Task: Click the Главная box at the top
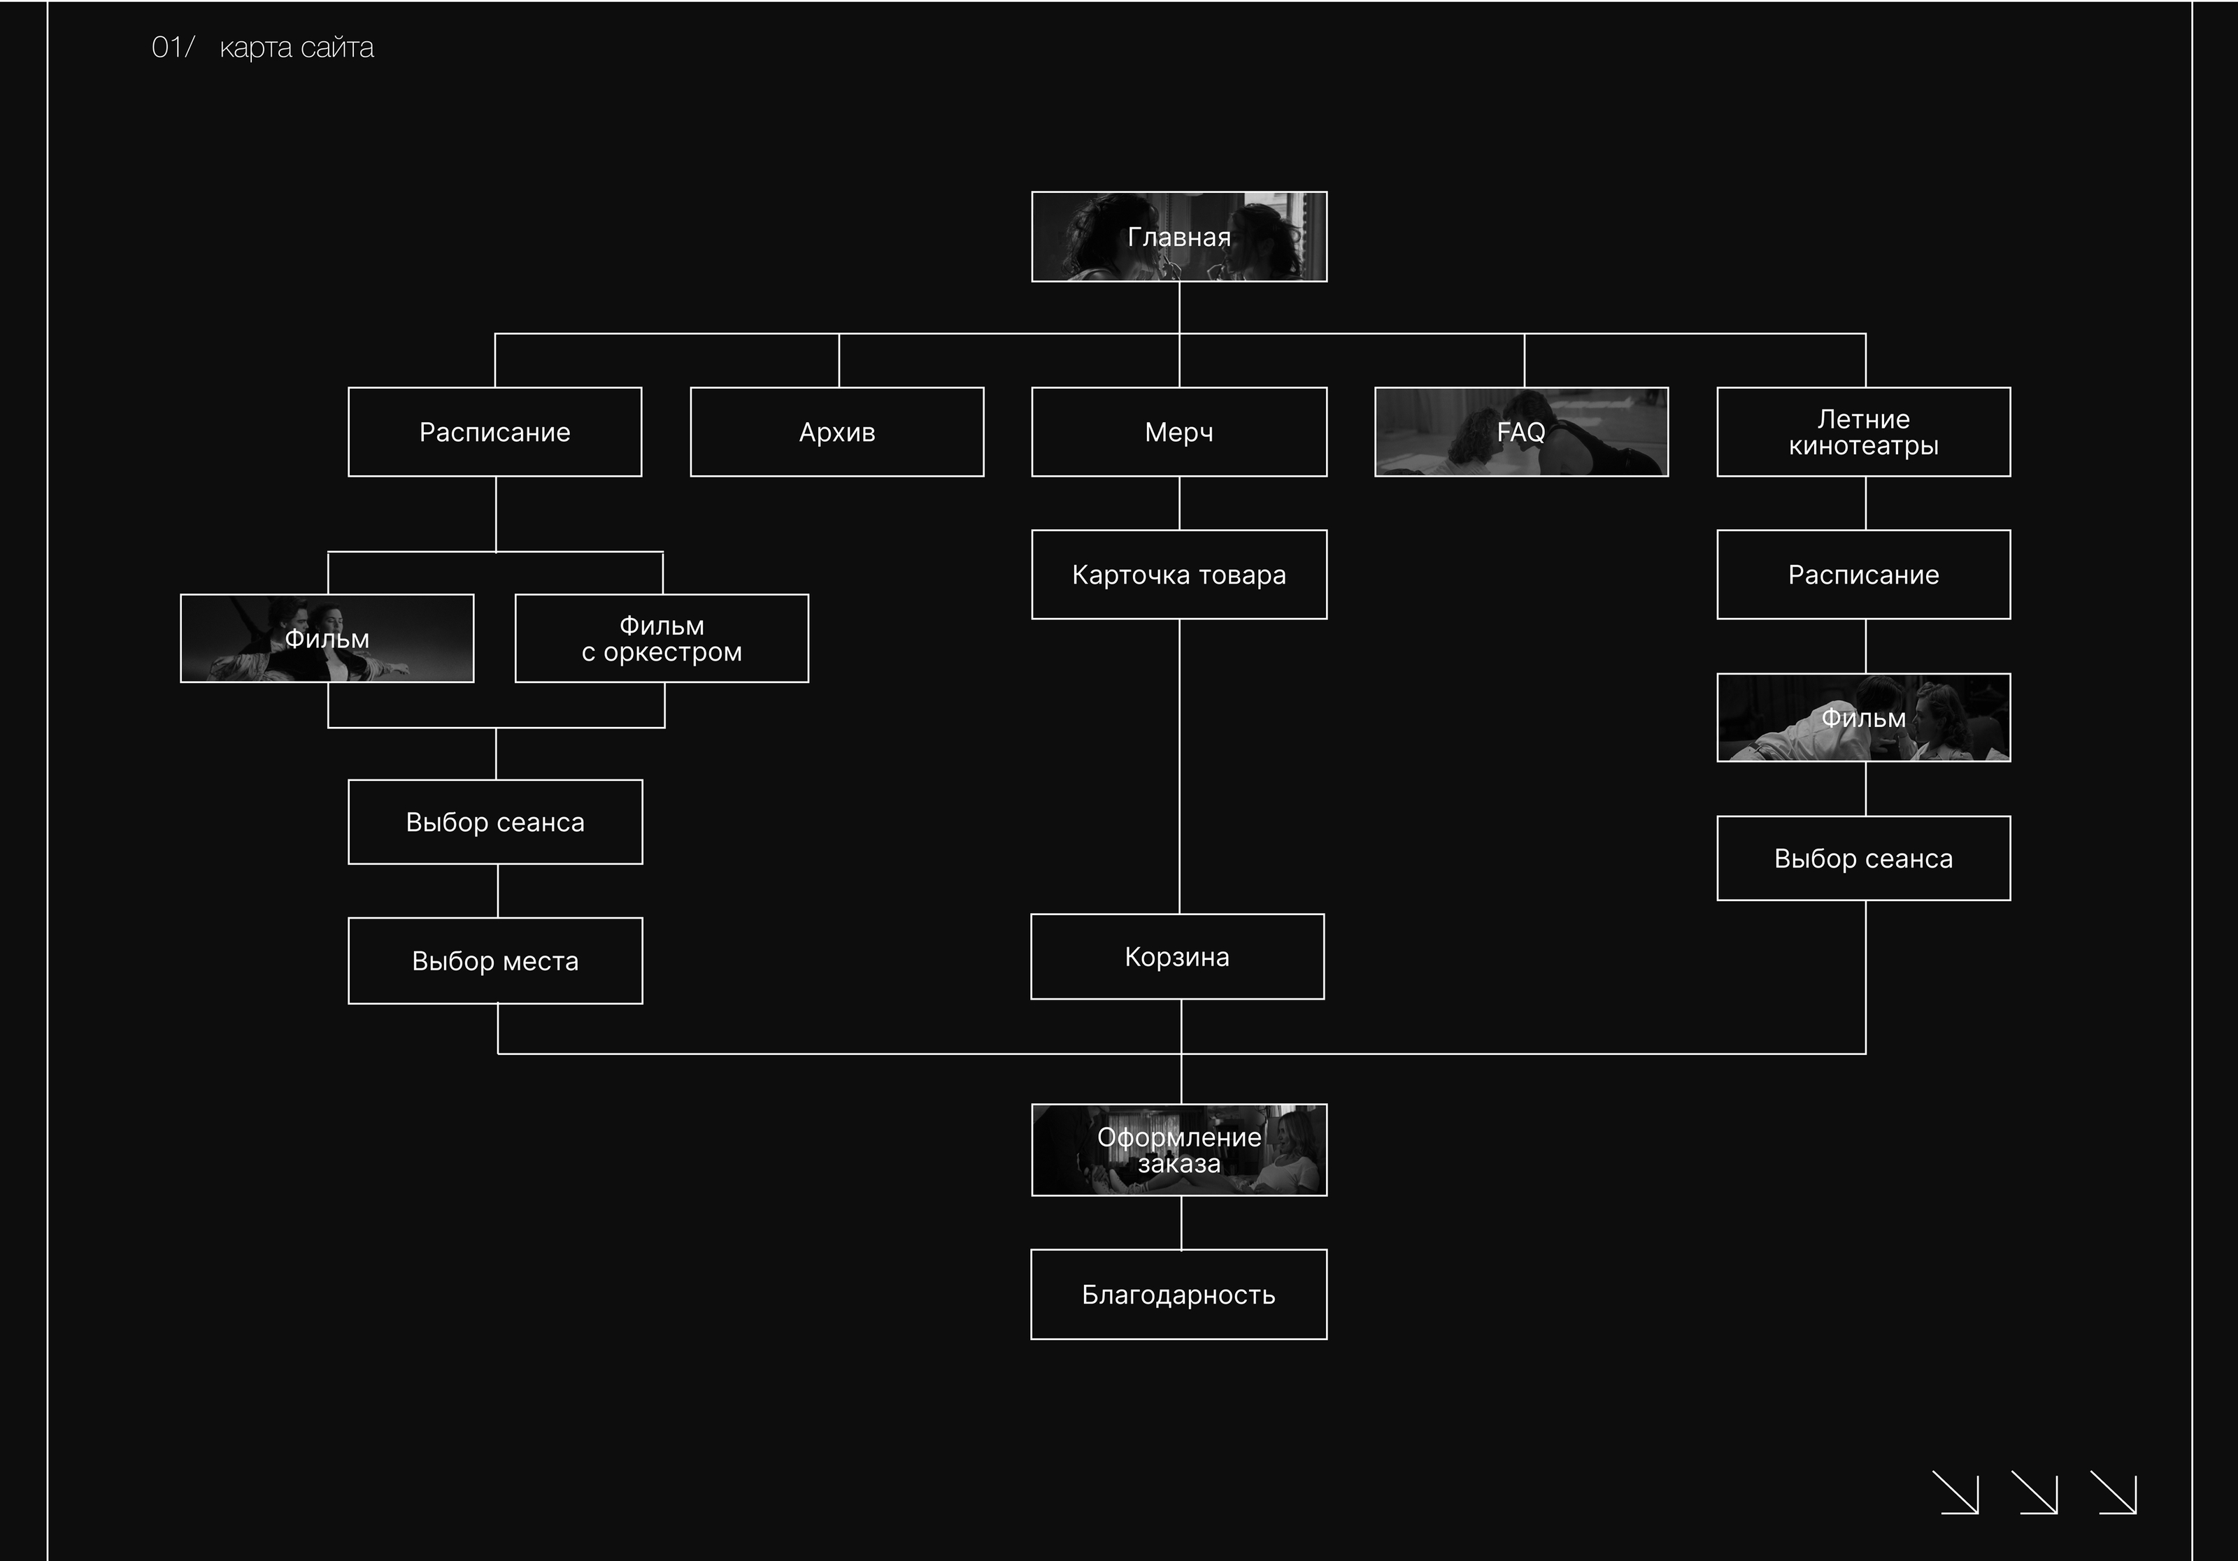click(1178, 237)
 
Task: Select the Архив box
click(836, 431)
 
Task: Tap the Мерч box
click(1178, 431)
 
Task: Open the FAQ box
click(1520, 431)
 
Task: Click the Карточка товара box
click(1178, 575)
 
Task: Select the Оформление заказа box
click(1178, 1150)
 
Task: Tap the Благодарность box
click(1178, 1294)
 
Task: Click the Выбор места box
click(495, 961)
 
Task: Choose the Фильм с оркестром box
click(661, 638)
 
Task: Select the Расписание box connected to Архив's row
click(494, 431)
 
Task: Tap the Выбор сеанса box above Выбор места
click(495, 821)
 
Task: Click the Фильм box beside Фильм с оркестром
click(327, 638)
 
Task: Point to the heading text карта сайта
click(297, 48)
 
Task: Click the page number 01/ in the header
click(173, 48)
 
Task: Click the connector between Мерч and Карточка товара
click(1179, 503)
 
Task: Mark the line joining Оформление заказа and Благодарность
click(1181, 1222)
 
